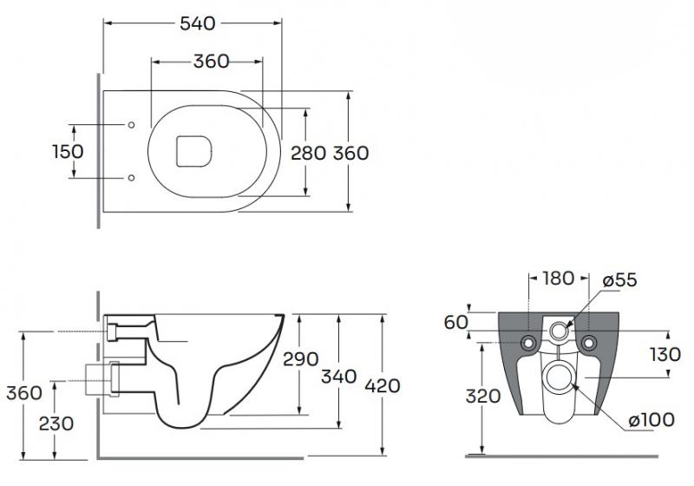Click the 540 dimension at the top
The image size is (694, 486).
[197, 24]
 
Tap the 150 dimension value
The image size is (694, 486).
[67, 151]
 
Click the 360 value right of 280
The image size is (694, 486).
[351, 154]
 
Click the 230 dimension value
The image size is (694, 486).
[55, 424]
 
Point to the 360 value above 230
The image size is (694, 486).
[23, 392]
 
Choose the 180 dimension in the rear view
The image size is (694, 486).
[558, 279]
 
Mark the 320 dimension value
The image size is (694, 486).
[482, 397]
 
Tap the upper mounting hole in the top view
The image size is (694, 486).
[131, 125]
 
